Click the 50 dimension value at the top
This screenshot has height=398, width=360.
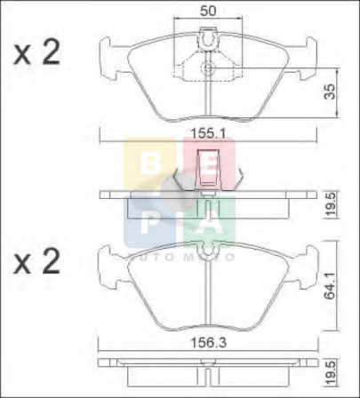click(x=208, y=11)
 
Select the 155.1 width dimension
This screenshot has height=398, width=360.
click(x=208, y=133)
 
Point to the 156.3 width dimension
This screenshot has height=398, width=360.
click(x=208, y=343)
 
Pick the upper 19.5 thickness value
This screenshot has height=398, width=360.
click(x=331, y=204)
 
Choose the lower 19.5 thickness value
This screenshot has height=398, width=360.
click(x=331, y=372)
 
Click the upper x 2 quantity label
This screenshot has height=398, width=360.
click(x=36, y=52)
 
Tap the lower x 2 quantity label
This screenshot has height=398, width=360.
click(x=36, y=261)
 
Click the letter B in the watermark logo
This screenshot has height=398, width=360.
click(x=150, y=163)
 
